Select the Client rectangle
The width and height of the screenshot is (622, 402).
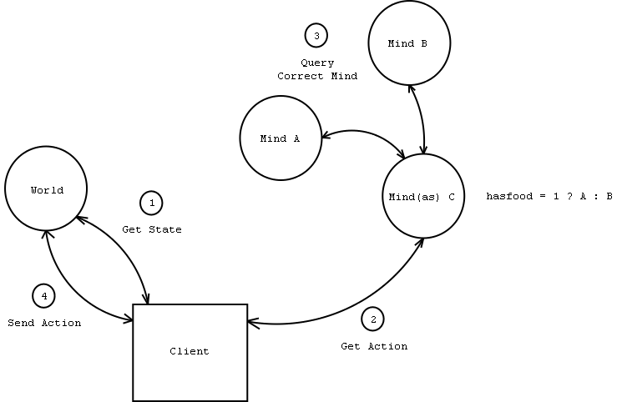coord(190,352)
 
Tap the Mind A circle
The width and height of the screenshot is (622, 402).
coord(281,138)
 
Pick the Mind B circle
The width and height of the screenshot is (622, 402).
coord(409,43)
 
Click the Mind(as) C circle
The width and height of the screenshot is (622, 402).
coord(422,196)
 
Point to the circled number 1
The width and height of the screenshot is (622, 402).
coord(151,203)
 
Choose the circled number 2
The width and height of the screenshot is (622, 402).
coord(372,319)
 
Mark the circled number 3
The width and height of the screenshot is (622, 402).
coord(316,36)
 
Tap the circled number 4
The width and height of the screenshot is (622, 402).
coord(43,295)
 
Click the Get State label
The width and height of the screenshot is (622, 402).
coord(151,229)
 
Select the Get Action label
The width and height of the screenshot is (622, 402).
coord(374,346)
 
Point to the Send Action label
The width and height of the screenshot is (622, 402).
coord(44,323)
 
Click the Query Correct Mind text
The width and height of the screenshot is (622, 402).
coord(317,69)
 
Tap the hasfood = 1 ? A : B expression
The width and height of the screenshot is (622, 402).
coord(549,197)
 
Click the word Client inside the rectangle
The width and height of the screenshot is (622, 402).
coord(190,352)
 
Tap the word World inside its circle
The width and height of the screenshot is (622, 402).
coord(47,190)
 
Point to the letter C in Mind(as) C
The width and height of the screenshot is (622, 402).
coord(451,197)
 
